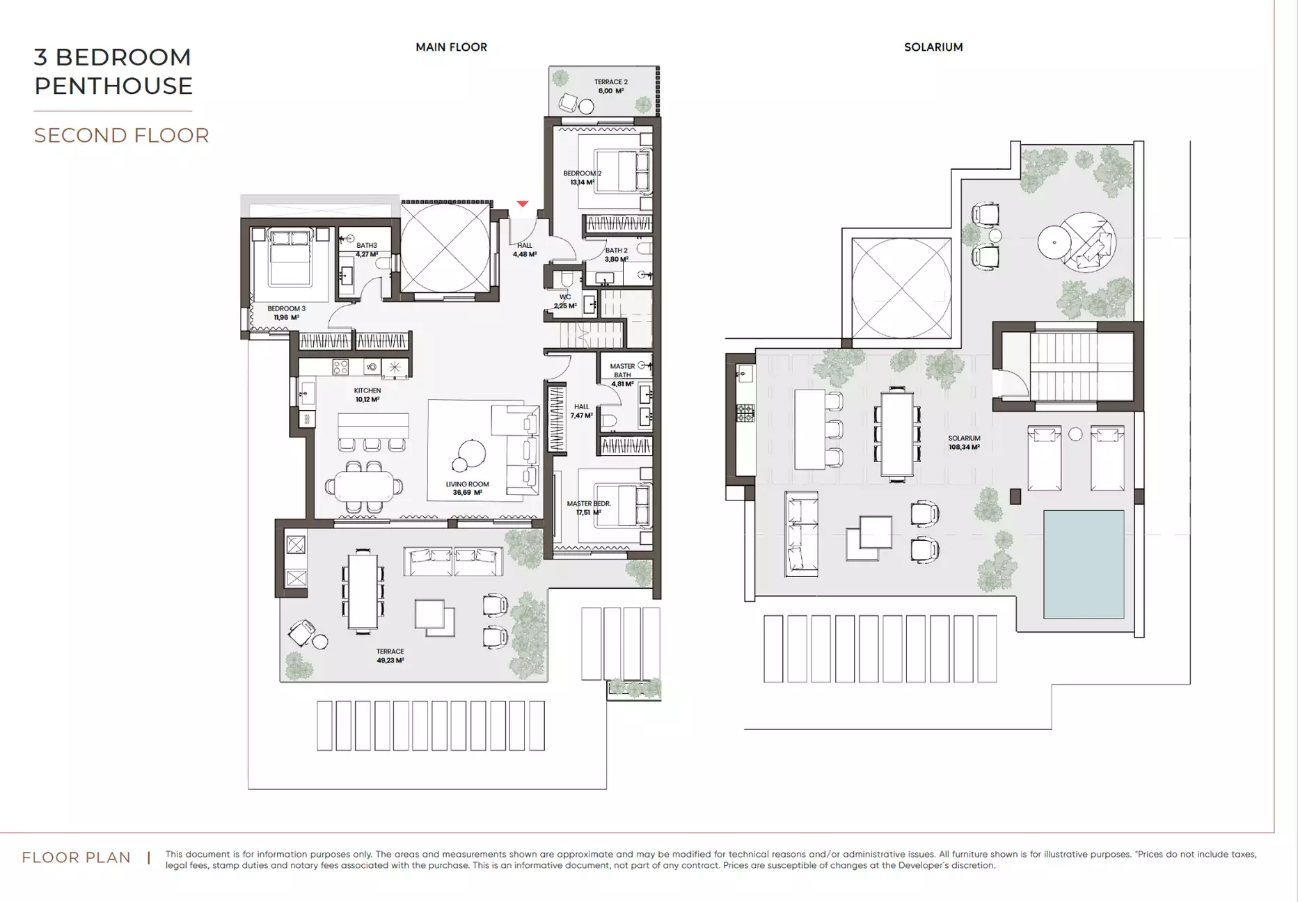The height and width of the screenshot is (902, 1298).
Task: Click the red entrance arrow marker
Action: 523,204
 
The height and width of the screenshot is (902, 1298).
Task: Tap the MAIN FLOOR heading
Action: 451,47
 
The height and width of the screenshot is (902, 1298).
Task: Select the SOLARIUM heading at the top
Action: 933,47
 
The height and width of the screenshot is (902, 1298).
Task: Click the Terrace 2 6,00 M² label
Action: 610,86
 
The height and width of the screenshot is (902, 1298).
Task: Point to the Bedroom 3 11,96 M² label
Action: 286,313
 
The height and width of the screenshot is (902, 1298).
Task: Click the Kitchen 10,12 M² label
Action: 367,395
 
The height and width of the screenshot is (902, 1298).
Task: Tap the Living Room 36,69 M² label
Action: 467,489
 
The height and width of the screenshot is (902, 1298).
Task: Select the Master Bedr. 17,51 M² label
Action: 588,508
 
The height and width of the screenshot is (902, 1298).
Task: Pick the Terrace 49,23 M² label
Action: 390,656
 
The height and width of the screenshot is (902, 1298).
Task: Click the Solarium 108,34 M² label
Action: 964,443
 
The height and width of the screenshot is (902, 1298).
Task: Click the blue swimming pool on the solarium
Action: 1084,564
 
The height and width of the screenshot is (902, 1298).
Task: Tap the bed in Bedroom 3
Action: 290,258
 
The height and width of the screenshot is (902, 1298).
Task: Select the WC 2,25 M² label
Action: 564,301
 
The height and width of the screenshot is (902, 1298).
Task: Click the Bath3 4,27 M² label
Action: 367,250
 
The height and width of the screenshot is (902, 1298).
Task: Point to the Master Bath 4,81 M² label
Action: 622,374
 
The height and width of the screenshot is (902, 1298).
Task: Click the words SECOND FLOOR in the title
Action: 122,135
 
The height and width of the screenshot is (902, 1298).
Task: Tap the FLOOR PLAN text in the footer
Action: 77,857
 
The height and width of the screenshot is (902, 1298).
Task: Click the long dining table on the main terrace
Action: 363,591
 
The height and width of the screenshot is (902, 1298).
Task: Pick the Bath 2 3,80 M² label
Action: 616,255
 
